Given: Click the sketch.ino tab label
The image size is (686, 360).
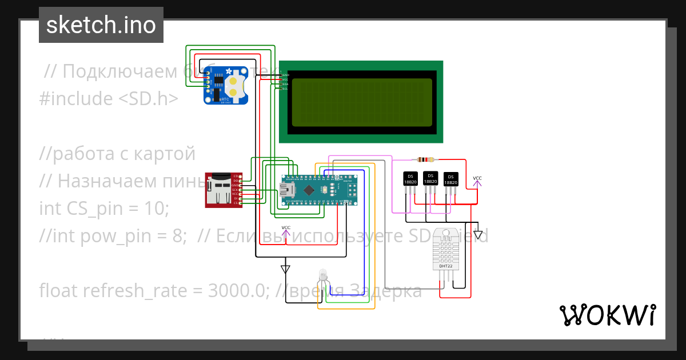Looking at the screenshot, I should [x=101, y=25].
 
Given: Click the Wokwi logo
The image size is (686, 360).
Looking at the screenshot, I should [x=607, y=315].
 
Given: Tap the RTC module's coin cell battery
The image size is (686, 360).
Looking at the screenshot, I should [x=234, y=86].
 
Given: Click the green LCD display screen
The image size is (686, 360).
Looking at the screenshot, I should [x=361, y=102].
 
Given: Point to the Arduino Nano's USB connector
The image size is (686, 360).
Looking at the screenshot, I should [x=286, y=189].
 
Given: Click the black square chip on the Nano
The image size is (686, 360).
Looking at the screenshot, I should [x=309, y=189].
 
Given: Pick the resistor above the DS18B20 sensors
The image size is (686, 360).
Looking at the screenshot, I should [x=426, y=160].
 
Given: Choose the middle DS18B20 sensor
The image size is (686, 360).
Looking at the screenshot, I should [x=430, y=178].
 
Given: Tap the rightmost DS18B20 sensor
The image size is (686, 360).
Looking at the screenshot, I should [x=451, y=179].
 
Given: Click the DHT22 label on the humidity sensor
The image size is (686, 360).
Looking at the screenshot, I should [x=445, y=266].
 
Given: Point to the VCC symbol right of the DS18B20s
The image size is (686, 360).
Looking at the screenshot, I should [x=477, y=181].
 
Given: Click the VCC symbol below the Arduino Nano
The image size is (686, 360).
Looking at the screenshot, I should [x=286, y=230].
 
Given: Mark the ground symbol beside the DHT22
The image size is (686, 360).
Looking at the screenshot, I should [x=478, y=234].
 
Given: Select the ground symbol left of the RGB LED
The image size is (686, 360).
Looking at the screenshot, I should [x=285, y=269].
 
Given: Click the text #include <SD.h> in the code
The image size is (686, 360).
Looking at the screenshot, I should [x=109, y=99].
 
